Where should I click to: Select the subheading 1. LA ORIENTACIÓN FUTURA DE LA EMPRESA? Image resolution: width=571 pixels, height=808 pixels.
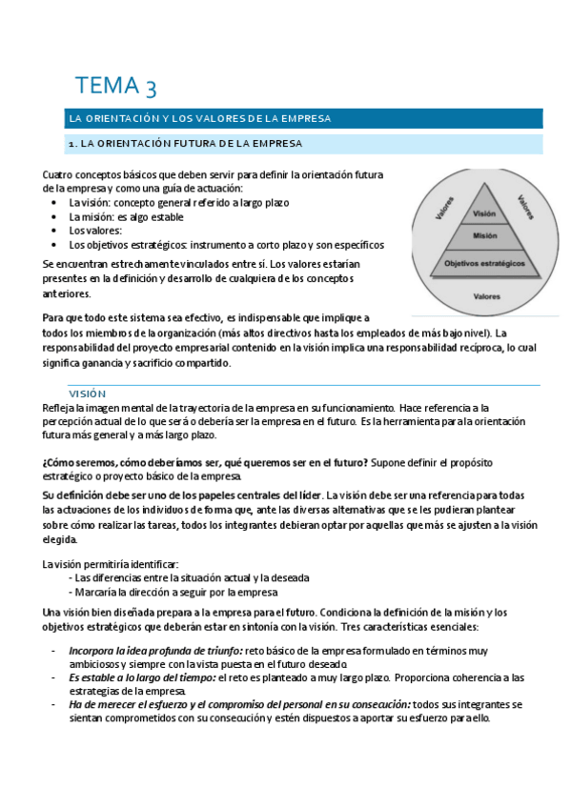click(x=185, y=144)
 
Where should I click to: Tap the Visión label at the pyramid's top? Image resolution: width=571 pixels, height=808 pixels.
click(x=483, y=213)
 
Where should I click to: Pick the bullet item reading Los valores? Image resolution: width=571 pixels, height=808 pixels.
click(x=95, y=231)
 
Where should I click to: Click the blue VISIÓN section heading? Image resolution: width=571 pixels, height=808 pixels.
click(x=87, y=394)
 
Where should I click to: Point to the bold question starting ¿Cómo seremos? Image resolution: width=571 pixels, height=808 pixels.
click(x=205, y=462)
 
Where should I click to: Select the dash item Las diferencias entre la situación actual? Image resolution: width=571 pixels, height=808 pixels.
click(x=192, y=577)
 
